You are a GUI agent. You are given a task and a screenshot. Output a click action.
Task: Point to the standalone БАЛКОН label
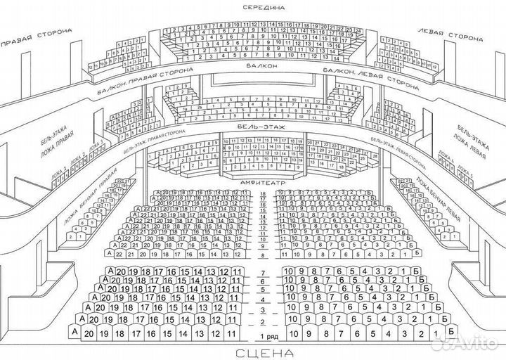(261, 66)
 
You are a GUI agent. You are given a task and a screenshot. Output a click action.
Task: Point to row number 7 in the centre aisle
(263, 272)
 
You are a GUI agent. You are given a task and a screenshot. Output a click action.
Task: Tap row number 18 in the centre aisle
(263, 193)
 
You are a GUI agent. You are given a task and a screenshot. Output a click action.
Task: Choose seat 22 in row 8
(126, 244)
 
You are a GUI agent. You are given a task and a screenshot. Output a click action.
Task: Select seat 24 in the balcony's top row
(357, 32)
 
